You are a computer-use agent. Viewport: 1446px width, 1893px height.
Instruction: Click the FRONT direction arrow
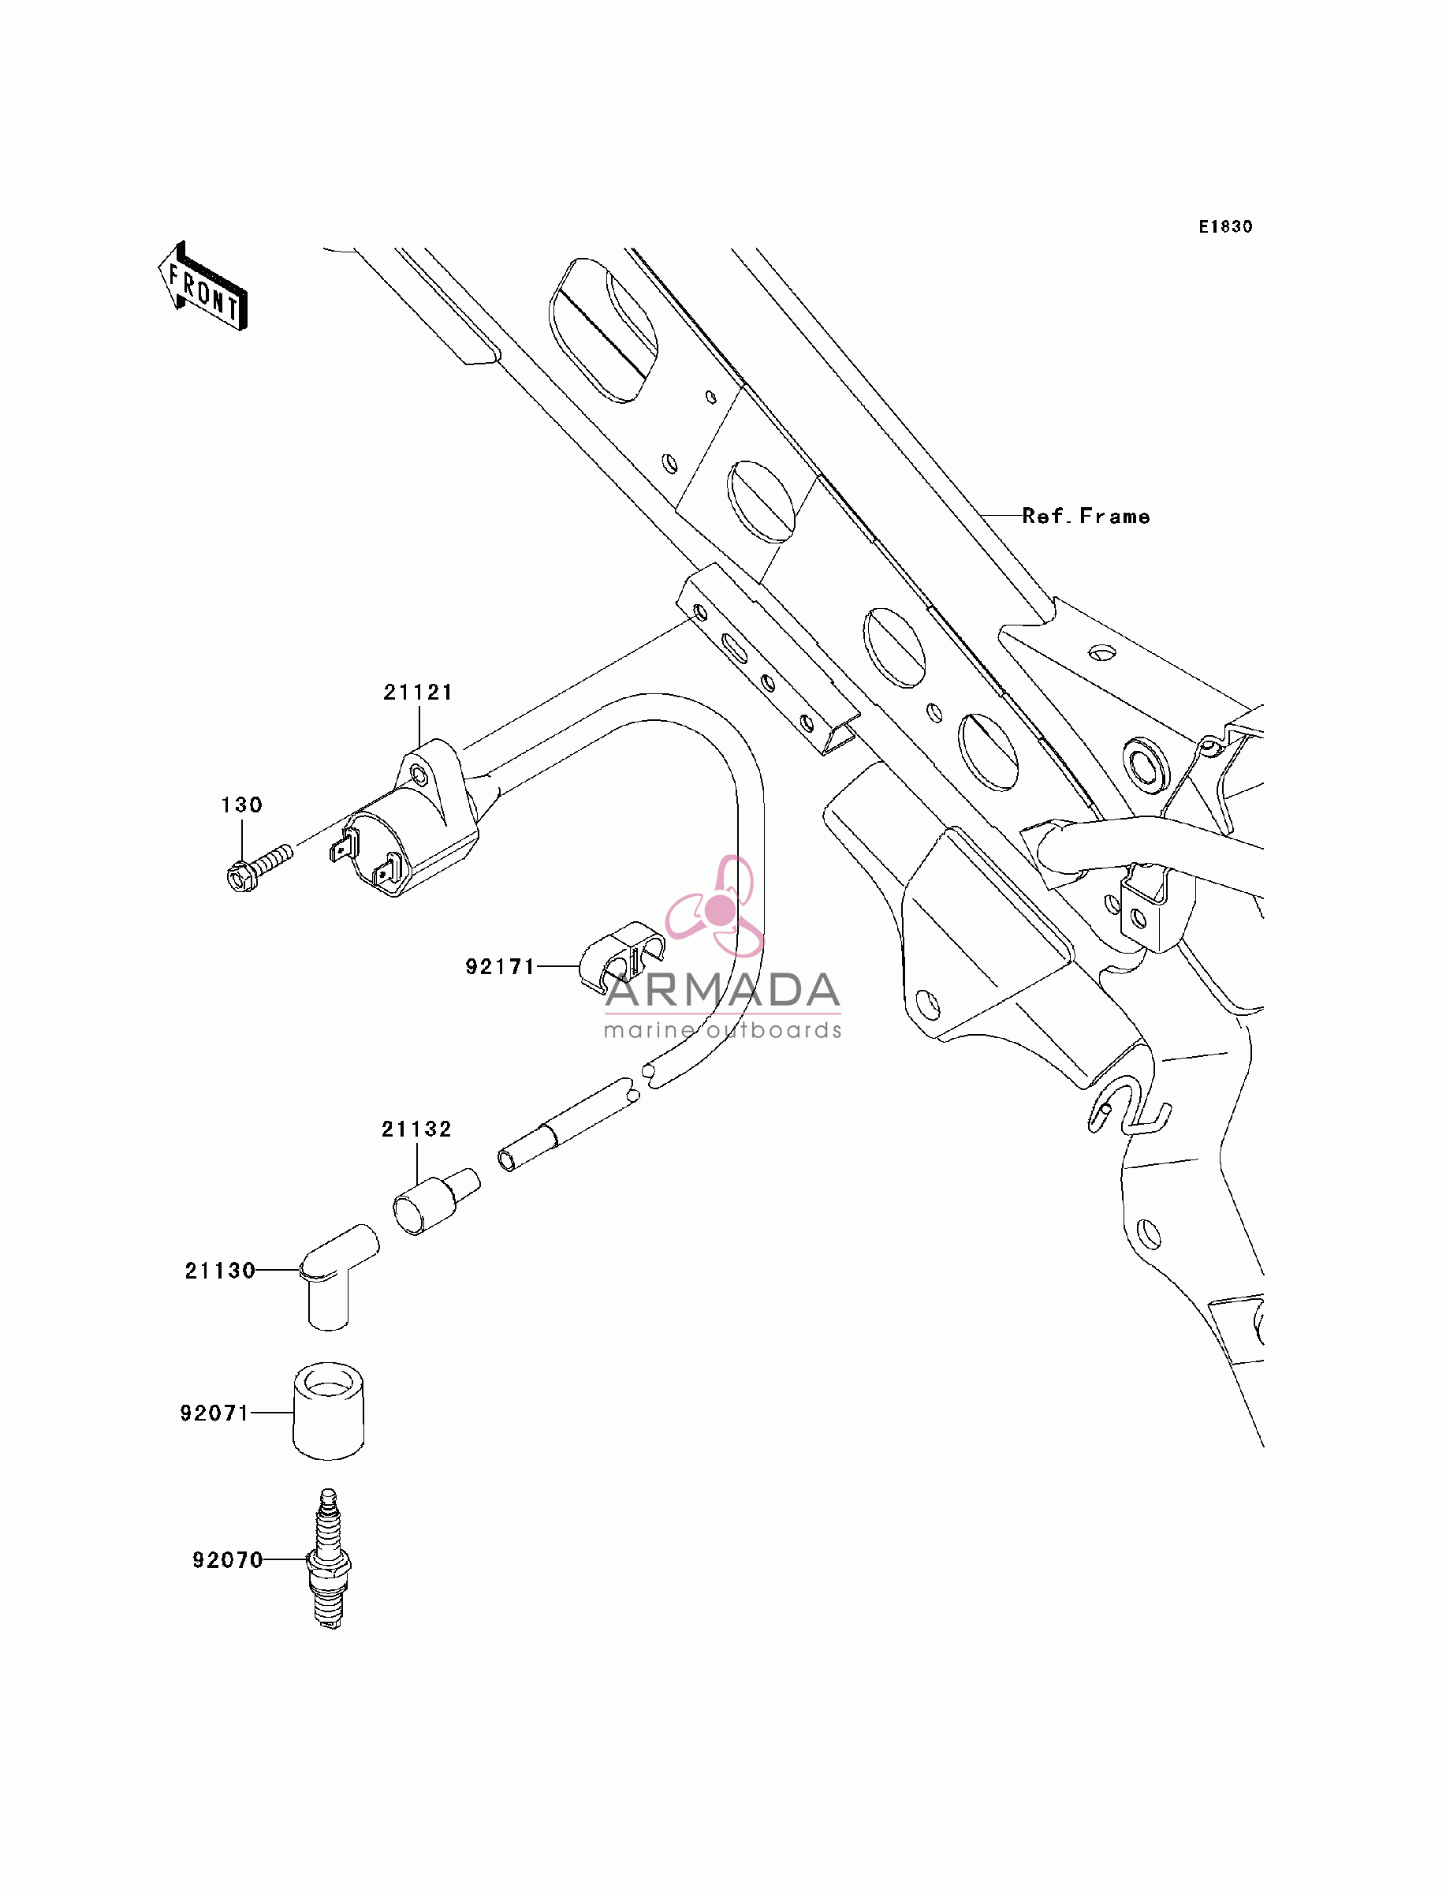pos(203,286)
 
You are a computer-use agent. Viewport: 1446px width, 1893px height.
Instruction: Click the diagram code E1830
pos(1226,226)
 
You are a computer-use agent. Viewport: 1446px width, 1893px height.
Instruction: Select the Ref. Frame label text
pos(1086,516)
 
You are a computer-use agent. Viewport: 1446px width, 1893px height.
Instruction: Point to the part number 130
pos(242,805)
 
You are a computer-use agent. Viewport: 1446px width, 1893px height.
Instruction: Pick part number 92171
pos(500,967)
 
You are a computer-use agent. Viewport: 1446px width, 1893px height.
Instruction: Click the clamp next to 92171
pos(621,954)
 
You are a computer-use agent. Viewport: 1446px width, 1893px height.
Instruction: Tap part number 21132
pos(416,1129)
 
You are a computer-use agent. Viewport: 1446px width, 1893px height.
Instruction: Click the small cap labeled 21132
pos(436,1202)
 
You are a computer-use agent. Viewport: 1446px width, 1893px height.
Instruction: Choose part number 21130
pos(220,1271)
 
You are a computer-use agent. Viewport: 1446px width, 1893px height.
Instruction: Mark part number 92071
pos(214,1413)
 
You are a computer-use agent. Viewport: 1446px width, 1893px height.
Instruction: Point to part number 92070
pos(227,1560)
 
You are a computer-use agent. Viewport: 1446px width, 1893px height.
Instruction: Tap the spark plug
pos(329,1559)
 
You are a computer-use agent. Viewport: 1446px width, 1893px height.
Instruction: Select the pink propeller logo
pos(715,906)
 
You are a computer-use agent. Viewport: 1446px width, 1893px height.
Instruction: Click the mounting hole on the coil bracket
pos(419,776)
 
